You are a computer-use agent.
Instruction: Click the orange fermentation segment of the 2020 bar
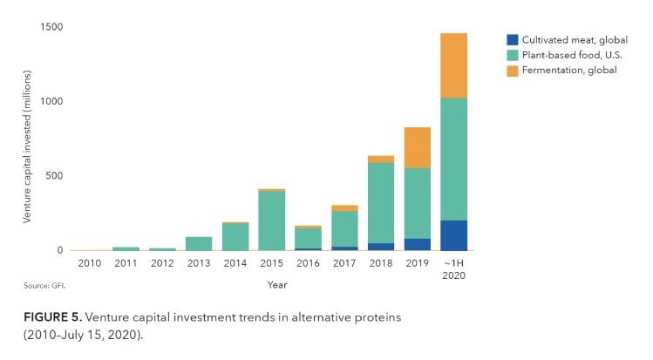click(x=453, y=65)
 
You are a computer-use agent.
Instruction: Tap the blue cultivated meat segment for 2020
click(x=453, y=235)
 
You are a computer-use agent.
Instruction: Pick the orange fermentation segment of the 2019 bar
click(x=418, y=147)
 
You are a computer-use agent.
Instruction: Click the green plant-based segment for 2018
click(x=381, y=203)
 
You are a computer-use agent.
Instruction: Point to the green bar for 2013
click(x=199, y=243)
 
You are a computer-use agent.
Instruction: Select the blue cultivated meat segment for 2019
click(x=418, y=244)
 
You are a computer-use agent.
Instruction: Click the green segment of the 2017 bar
click(x=344, y=228)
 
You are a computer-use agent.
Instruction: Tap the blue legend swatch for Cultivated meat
click(x=513, y=40)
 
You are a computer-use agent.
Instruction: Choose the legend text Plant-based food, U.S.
click(x=565, y=55)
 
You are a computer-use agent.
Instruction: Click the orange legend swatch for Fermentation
click(x=513, y=70)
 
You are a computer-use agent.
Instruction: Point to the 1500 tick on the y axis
click(x=51, y=28)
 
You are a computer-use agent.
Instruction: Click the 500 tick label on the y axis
click(x=54, y=176)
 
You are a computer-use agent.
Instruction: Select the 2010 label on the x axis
click(x=90, y=263)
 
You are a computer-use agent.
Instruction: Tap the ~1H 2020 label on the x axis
click(x=453, y=269)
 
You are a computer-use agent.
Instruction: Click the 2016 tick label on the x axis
click(x=308, y=263)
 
